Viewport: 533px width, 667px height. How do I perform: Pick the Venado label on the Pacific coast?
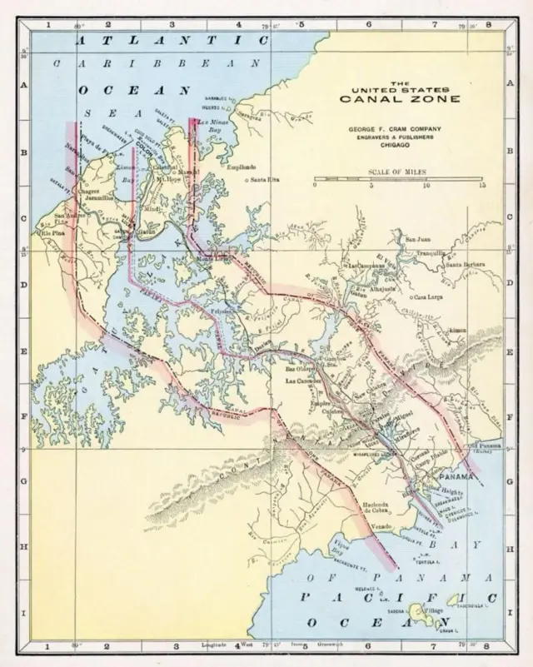click(x=381, y=526)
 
